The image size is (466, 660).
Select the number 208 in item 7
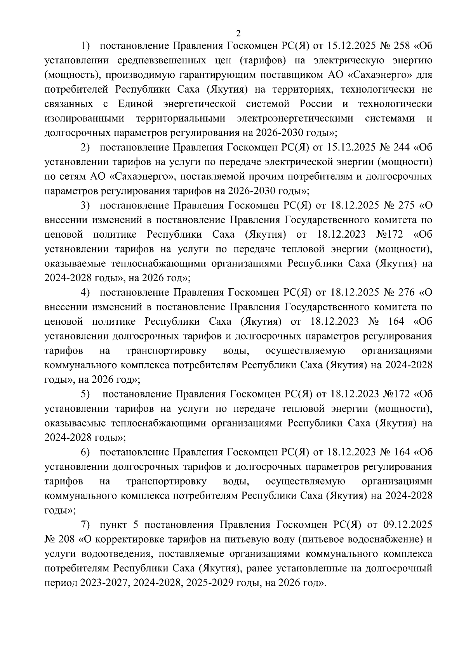pos(68,540)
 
